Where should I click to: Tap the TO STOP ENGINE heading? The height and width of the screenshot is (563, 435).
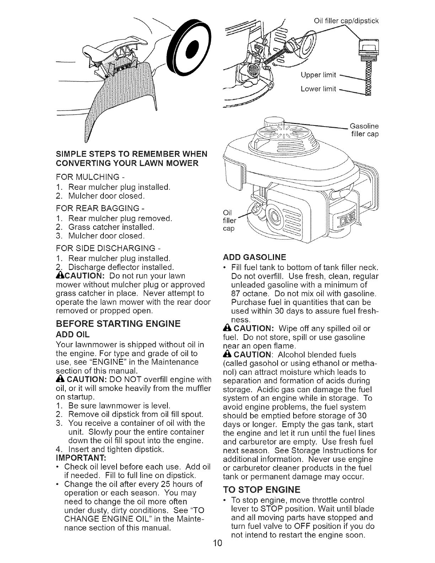pyautogui.click(x=261, y=490)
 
